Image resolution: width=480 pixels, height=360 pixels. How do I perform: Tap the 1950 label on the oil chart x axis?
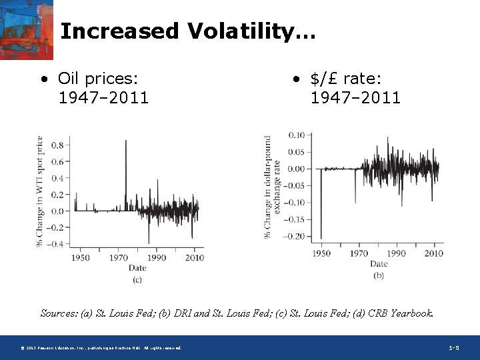81,257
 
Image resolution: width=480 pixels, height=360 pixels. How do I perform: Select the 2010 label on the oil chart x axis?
194,257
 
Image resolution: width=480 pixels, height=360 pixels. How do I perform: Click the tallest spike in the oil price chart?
125,143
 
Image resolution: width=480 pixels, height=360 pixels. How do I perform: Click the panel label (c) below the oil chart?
137,279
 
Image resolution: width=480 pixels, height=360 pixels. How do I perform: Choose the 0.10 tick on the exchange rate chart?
296,135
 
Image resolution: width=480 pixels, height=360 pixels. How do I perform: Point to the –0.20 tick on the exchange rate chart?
294,237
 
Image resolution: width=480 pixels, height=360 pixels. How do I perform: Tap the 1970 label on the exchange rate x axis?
359,253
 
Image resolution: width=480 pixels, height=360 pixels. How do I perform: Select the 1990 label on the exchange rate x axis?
396,253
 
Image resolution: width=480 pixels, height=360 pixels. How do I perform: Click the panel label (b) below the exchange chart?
379,275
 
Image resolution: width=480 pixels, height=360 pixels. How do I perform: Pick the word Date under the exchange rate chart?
379,264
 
